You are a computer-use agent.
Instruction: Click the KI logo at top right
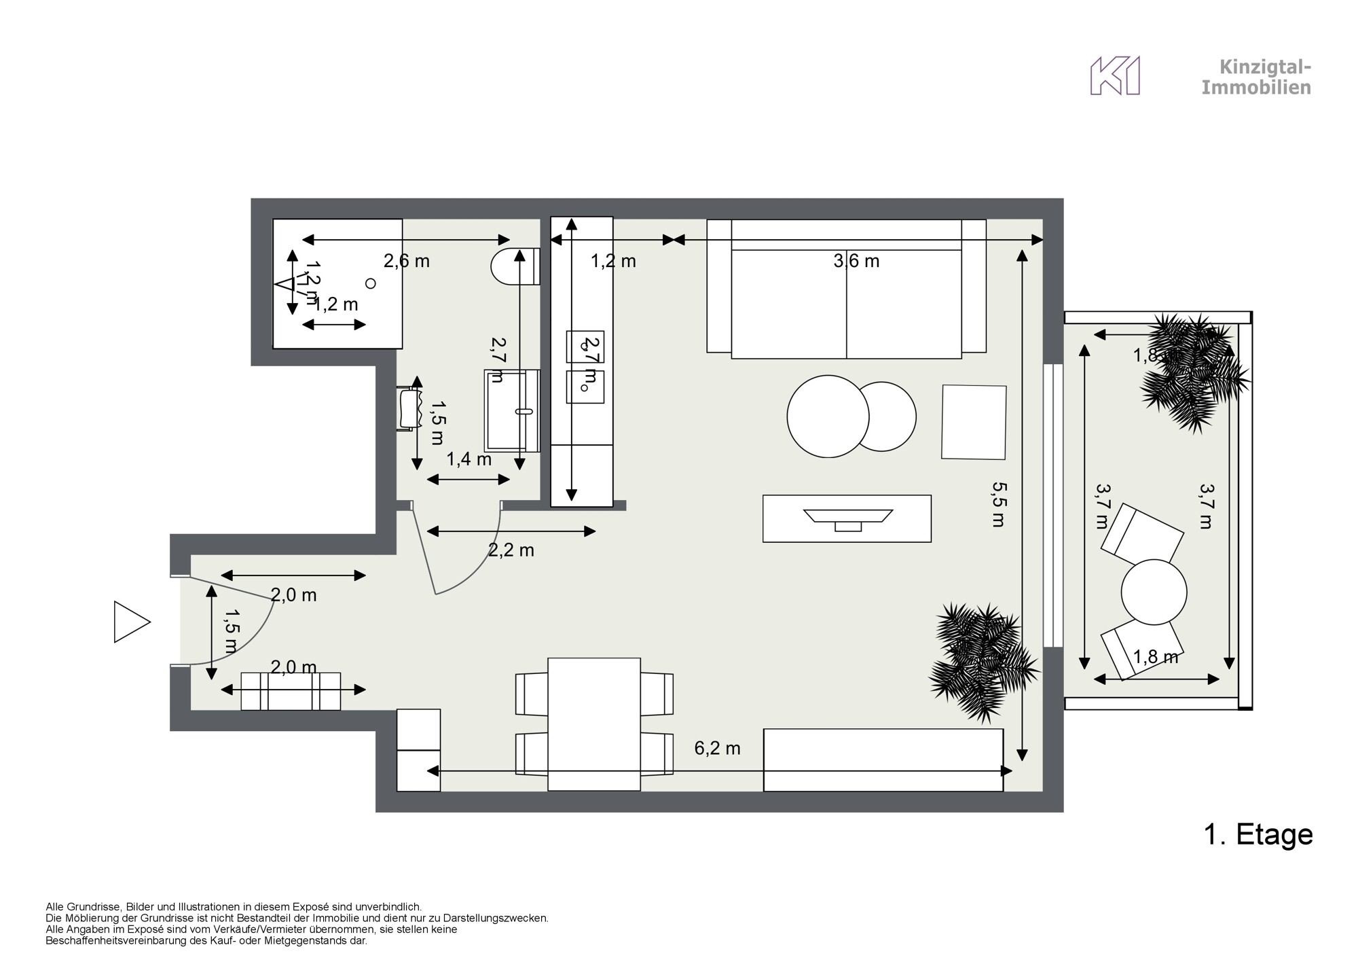[x=1114, y=76]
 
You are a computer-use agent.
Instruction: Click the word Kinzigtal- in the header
[x=1265, y=67]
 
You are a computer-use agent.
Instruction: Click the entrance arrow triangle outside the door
[x=130, y=622]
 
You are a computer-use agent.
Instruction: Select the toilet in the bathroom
[x=515, y=266]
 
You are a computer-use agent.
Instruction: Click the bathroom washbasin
[x=512, y=411]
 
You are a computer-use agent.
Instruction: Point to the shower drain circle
[x=370, y=283]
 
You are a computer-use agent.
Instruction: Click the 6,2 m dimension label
[x=717, y=749]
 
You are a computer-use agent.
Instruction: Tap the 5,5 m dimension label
[x=997, y=505]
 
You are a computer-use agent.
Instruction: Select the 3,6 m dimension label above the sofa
[x=856, y=261]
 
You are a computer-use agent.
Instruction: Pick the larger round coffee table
[x=827, y=416]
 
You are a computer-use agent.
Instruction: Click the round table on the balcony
[x=1154, y=591]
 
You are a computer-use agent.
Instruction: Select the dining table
[x=593, y=724]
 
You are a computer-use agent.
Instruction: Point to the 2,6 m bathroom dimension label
[x=407, y=261]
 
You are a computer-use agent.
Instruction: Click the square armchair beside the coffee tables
[x=974, y=422]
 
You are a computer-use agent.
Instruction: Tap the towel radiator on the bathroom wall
[x=409, y=410]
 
